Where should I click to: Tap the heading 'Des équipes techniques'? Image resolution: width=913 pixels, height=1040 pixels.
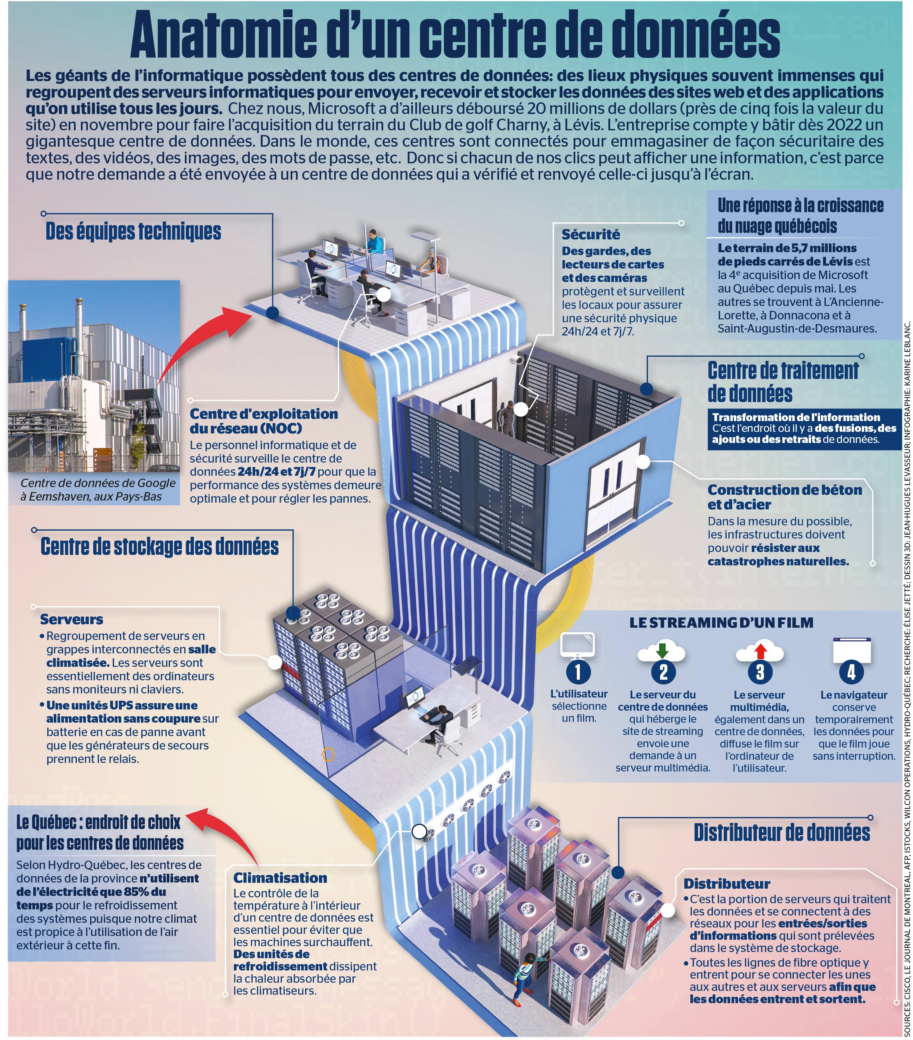(x=133, y=231)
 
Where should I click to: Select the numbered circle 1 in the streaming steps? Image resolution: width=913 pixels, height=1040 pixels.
(x=578, y=672)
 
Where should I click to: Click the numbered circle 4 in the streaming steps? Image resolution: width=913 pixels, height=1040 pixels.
(x=851, y=672)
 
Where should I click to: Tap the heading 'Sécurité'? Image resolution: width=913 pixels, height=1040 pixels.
(x=591, y=235)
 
